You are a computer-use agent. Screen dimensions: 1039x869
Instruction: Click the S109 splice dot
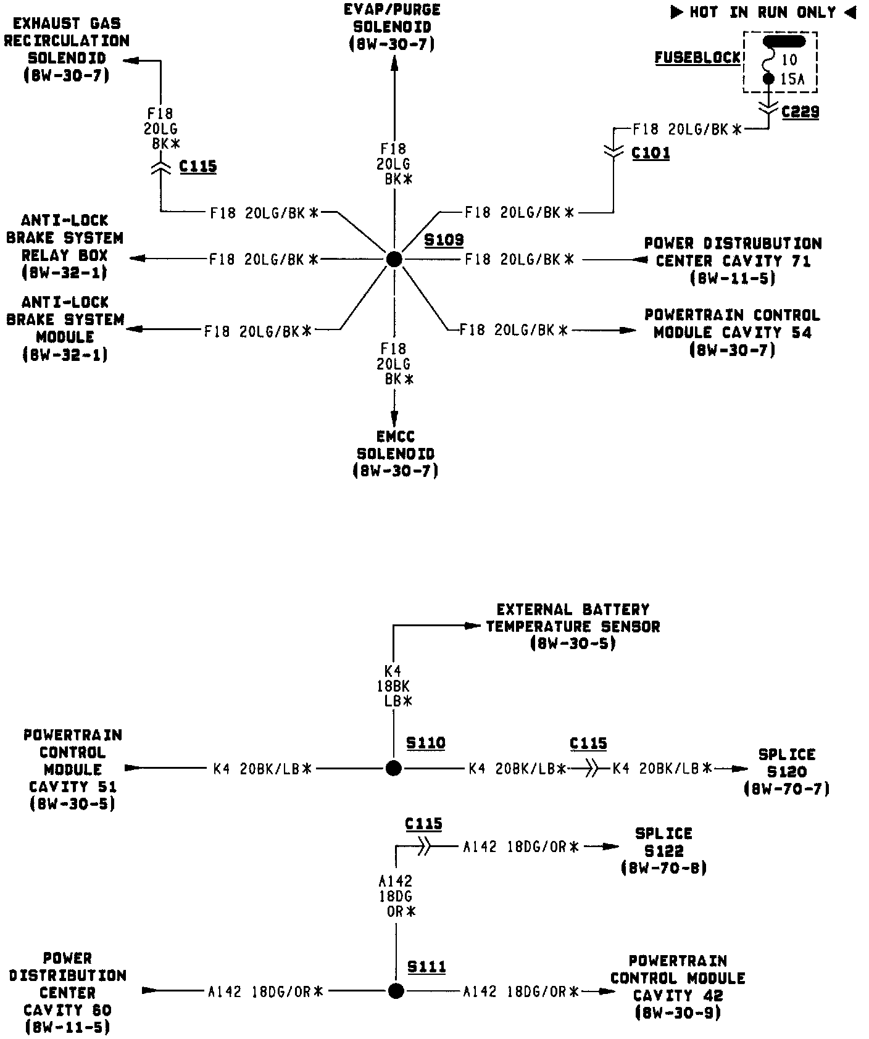click(x=394, y=260)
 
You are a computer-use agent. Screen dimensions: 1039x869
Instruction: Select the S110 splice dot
click(x=393, y=768)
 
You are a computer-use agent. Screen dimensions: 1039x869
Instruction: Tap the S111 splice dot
click(x=396, y=991)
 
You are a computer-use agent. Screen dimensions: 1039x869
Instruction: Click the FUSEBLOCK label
click(x=697, y=58)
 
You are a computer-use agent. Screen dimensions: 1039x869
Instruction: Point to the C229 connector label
click(x=800, y=112)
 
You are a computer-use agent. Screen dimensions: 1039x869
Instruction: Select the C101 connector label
click(x=651, y=152)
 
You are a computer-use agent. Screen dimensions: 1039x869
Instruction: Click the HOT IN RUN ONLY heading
click(x=763, y=12)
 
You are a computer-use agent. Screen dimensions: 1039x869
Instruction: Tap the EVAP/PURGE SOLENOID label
click(x=393, y=27)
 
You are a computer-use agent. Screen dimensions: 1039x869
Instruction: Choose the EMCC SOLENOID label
click(x=395, y=453)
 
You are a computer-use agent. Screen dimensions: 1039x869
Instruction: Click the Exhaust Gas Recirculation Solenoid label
click(x=67, y=49)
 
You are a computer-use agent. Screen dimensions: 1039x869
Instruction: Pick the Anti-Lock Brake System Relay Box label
click(x=64, y=246)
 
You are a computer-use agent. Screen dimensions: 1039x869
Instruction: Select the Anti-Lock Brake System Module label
click(x=65, y=328)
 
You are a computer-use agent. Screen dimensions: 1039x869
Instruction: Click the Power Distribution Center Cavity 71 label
click(x=733, y=260)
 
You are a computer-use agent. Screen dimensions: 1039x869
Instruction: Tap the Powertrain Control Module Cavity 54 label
click(x=732, y=333)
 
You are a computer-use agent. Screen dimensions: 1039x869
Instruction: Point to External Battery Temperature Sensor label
click(x=573, y=626)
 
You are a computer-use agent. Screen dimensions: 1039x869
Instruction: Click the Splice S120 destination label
click(x=787, y=771)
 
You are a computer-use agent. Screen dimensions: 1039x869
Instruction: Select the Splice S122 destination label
click(x=663, y=850)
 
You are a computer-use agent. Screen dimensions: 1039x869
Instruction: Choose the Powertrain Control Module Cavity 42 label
click(x=677, y=995)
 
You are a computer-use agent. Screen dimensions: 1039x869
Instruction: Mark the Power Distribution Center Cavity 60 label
click(x=68, y=992)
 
